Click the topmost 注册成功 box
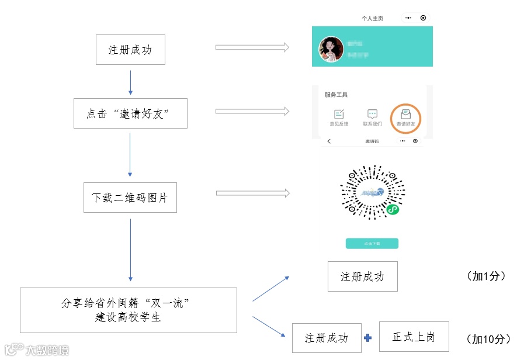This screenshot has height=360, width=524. tap(130, 50)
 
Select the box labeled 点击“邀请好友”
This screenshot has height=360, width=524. tap(130, 113)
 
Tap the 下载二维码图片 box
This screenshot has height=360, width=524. tap(130, 198)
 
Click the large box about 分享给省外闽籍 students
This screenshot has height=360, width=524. tap(129, 310)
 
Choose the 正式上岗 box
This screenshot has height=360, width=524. tap(414, 337)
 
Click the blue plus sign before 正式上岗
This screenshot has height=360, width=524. tap(368, 338)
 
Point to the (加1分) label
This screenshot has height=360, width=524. tap(485, 276)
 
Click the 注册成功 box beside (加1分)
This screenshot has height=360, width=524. tap(362, 276)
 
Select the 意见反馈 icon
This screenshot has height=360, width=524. tap(339, 115)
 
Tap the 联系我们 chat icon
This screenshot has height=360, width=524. tap(372, 115)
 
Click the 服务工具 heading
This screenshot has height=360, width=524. tap(336, 95)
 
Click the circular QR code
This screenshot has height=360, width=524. tap(372, 192)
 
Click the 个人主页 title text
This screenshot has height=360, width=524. tap(372, 18)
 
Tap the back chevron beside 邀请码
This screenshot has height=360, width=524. tap(329, 141)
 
